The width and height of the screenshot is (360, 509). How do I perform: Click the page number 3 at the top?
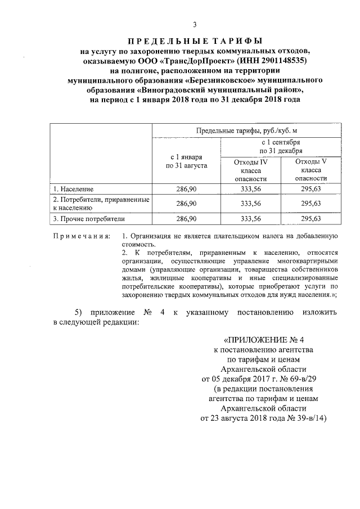click(x=194, y=24)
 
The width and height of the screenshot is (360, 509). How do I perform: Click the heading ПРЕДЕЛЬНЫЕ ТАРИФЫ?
click(x=194, y=41)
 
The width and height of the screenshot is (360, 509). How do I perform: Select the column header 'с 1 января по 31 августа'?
click(x=186, y=161)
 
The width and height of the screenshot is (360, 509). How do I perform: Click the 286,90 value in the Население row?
click(x=186, y=189)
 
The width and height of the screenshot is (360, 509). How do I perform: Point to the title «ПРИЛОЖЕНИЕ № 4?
click(x=263, y=340)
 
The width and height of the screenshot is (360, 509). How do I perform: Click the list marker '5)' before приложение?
click(x=80, y=312)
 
